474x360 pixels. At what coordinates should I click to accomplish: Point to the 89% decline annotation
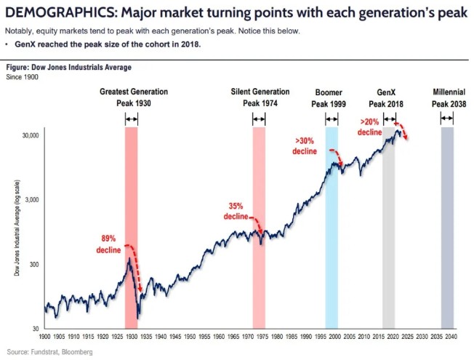tap(108, 244)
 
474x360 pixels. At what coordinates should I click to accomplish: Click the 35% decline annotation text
tap(236, 212)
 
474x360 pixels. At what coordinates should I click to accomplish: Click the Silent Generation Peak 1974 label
tap(260, 97)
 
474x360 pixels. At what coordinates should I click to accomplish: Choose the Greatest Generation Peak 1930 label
tap(134, 97)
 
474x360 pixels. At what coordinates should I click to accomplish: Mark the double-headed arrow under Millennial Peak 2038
tap(448, 119)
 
